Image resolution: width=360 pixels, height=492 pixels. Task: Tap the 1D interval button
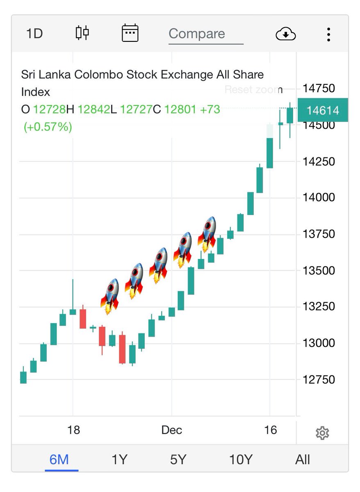pyautogui.click(x=34, y=33)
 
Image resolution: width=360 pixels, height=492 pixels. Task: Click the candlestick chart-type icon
pyautogui.click(x=82, y=33)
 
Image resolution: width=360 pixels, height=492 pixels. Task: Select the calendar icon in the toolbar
pyautogui.click(x=130, y=33)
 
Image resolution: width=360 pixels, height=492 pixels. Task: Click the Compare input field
pyautogui.click(x=205, y=34)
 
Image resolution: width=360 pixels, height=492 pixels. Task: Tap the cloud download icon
pyautogui.click(x=285, y=34)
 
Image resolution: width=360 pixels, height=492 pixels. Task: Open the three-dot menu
pyautogui.click(x=328, y=34)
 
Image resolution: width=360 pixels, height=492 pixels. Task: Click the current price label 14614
pyautogui.click(x=323, y=110)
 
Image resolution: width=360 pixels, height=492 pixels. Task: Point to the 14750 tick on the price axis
pyautogui.click(x=319, y=88)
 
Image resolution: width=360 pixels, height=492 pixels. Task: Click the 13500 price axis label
pyautogui.click(x=319, y=270)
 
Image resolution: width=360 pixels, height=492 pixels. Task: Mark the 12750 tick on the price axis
pyautogui.click(x=319, y=379)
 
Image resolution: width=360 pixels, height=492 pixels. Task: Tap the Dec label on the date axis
pyautogui.click(x=171, y=430)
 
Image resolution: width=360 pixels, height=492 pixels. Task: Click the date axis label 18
pyautogui.click(x=73, y=430)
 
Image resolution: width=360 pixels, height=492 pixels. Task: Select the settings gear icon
pyautogui.click(x=322, y=433)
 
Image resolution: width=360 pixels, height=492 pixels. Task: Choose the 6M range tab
pyautogui.click(x=59, y=460)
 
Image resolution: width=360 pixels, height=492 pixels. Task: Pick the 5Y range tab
pyautogui.click(x=178, y=460)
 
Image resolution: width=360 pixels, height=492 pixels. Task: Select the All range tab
pyautogui.click(x=303, y=460)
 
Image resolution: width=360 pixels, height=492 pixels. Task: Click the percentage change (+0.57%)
pyautogui.click(x=48, y=127)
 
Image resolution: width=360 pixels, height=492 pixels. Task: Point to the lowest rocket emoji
pyautogui.click(x=109, y=296)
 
